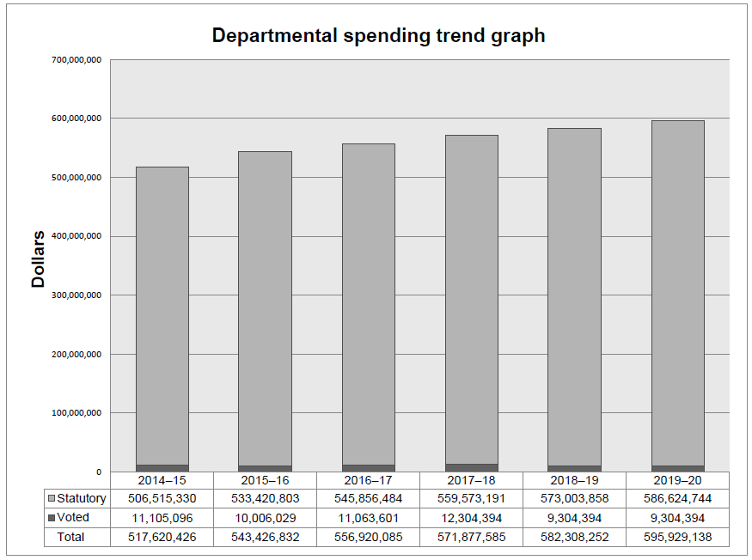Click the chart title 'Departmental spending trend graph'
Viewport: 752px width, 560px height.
click(x=378, y=36)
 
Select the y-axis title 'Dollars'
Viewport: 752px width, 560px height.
click(x=39, y=259)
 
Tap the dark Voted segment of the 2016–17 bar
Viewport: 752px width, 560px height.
click(x=369, y=468)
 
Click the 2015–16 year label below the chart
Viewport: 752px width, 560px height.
click(x=266, y=480)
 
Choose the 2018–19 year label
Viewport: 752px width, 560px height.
click(x=575, y=480)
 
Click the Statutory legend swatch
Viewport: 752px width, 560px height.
click(x=52, y=499)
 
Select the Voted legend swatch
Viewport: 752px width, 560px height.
click(x=52, y=518)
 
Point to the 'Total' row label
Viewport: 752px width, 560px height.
click(x=71, y=537)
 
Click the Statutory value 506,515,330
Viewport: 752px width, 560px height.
click(x=162, y=499)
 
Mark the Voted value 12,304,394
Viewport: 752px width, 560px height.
click(x=472, y=518)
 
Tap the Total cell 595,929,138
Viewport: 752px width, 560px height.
click(x=678, y=537)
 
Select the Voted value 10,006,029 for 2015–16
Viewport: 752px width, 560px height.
click(x=266, y=518)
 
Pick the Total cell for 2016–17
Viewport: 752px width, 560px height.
click(x=369, y=537)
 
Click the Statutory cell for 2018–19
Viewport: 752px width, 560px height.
click(x=575, y=499)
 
